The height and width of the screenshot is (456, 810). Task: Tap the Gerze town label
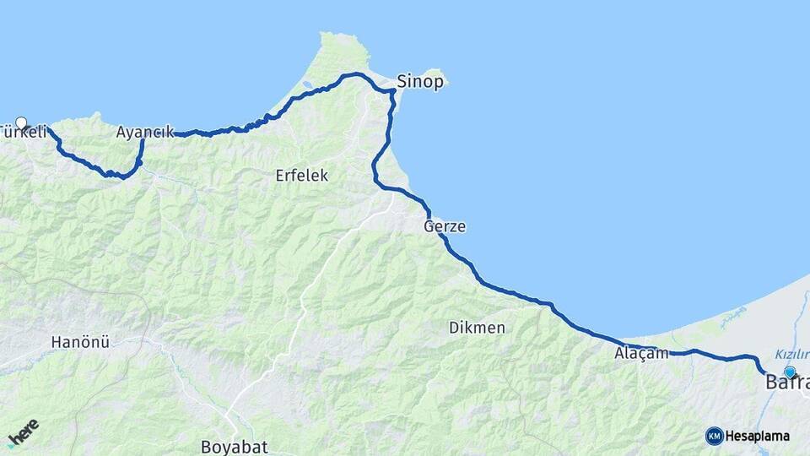pos(445,226)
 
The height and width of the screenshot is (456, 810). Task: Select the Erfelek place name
pos(301,176)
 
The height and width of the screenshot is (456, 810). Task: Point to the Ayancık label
pos(144,132)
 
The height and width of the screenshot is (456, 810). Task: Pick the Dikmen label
pos(477,327)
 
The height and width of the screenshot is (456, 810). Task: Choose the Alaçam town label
pos(641,354)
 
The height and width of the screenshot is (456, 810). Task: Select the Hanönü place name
pos(80,342)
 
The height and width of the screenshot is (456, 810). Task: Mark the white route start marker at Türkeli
pos(21,123)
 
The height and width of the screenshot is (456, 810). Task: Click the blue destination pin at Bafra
pos(790,372)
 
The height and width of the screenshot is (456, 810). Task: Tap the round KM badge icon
pos(714,436)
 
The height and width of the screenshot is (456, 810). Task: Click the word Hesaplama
pos(758,437)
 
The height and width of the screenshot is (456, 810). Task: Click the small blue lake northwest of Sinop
pos(309,85)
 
